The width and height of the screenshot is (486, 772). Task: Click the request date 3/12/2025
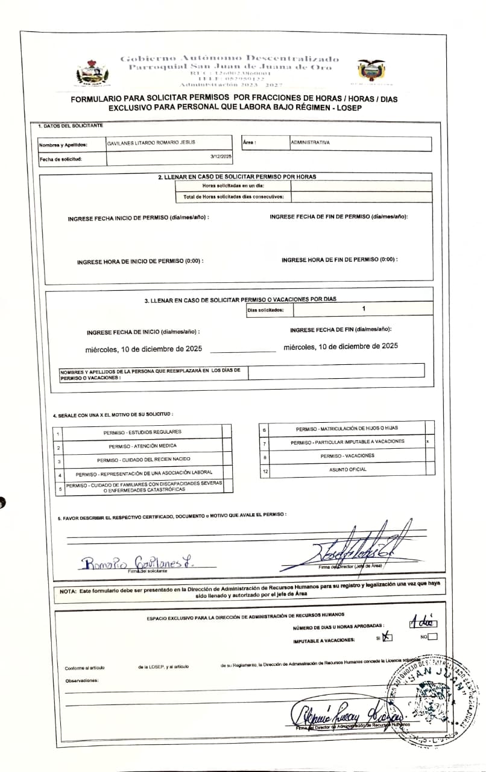221,157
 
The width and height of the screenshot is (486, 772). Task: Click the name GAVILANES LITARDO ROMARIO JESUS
151,142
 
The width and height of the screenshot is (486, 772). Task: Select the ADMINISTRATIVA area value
311,142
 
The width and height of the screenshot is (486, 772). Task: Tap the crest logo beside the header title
92,72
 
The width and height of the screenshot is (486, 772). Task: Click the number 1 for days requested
364,309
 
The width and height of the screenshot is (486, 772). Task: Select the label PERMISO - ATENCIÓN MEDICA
143,446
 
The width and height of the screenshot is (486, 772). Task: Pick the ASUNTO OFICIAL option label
347,469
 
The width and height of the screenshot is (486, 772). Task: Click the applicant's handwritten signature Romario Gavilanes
137,563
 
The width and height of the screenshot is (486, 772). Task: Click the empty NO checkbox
432,636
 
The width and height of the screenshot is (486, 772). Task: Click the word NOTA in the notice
67,590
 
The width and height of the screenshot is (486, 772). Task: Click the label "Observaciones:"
81,680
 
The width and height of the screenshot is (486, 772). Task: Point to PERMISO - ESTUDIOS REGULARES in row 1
142,432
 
